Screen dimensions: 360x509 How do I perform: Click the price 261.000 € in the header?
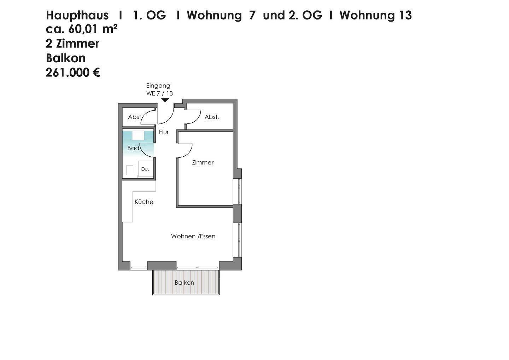73,72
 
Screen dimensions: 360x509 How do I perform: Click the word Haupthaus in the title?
77,15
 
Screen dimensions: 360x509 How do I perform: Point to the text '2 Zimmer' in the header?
72,44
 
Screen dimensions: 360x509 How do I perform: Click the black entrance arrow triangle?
165,100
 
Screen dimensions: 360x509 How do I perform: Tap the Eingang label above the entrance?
158,86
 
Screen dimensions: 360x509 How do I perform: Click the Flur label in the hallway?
164,132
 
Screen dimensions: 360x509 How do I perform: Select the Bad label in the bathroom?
133,148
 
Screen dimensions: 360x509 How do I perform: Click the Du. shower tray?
145,169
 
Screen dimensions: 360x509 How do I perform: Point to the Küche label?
144,202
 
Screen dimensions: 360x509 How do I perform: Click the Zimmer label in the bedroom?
203,163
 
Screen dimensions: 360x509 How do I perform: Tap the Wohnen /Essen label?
193,236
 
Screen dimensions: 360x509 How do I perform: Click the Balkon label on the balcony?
184,283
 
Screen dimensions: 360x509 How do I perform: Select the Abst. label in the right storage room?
212,117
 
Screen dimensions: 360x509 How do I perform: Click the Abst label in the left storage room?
135,117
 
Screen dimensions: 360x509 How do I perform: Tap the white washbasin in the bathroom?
138,135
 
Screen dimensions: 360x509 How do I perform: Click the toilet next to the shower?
130,170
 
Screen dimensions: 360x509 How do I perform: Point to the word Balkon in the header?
65,58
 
